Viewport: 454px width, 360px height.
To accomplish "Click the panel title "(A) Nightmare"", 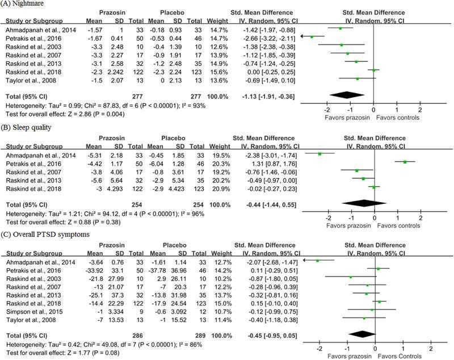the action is tap(22, 4).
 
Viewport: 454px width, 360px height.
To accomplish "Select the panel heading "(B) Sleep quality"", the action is tap(26, 127).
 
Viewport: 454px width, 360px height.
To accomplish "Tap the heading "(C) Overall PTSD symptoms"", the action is tap(45, 235).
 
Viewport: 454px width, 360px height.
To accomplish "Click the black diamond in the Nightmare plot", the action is tap(347, 95).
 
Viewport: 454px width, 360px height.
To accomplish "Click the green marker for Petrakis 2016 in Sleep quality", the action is tap(405, 162).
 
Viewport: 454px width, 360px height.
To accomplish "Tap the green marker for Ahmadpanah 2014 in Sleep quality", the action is tap(320, 154).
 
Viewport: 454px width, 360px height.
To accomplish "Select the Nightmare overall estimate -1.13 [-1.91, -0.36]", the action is tap(268, 97).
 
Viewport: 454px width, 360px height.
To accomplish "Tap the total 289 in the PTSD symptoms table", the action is tap(200, 336).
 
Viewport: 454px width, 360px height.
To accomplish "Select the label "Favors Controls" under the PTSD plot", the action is tap(400, 356).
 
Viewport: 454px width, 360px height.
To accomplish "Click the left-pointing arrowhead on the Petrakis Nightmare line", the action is tap(302, 36).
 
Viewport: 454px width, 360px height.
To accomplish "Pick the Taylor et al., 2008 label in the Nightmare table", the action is tap(31, 81).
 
